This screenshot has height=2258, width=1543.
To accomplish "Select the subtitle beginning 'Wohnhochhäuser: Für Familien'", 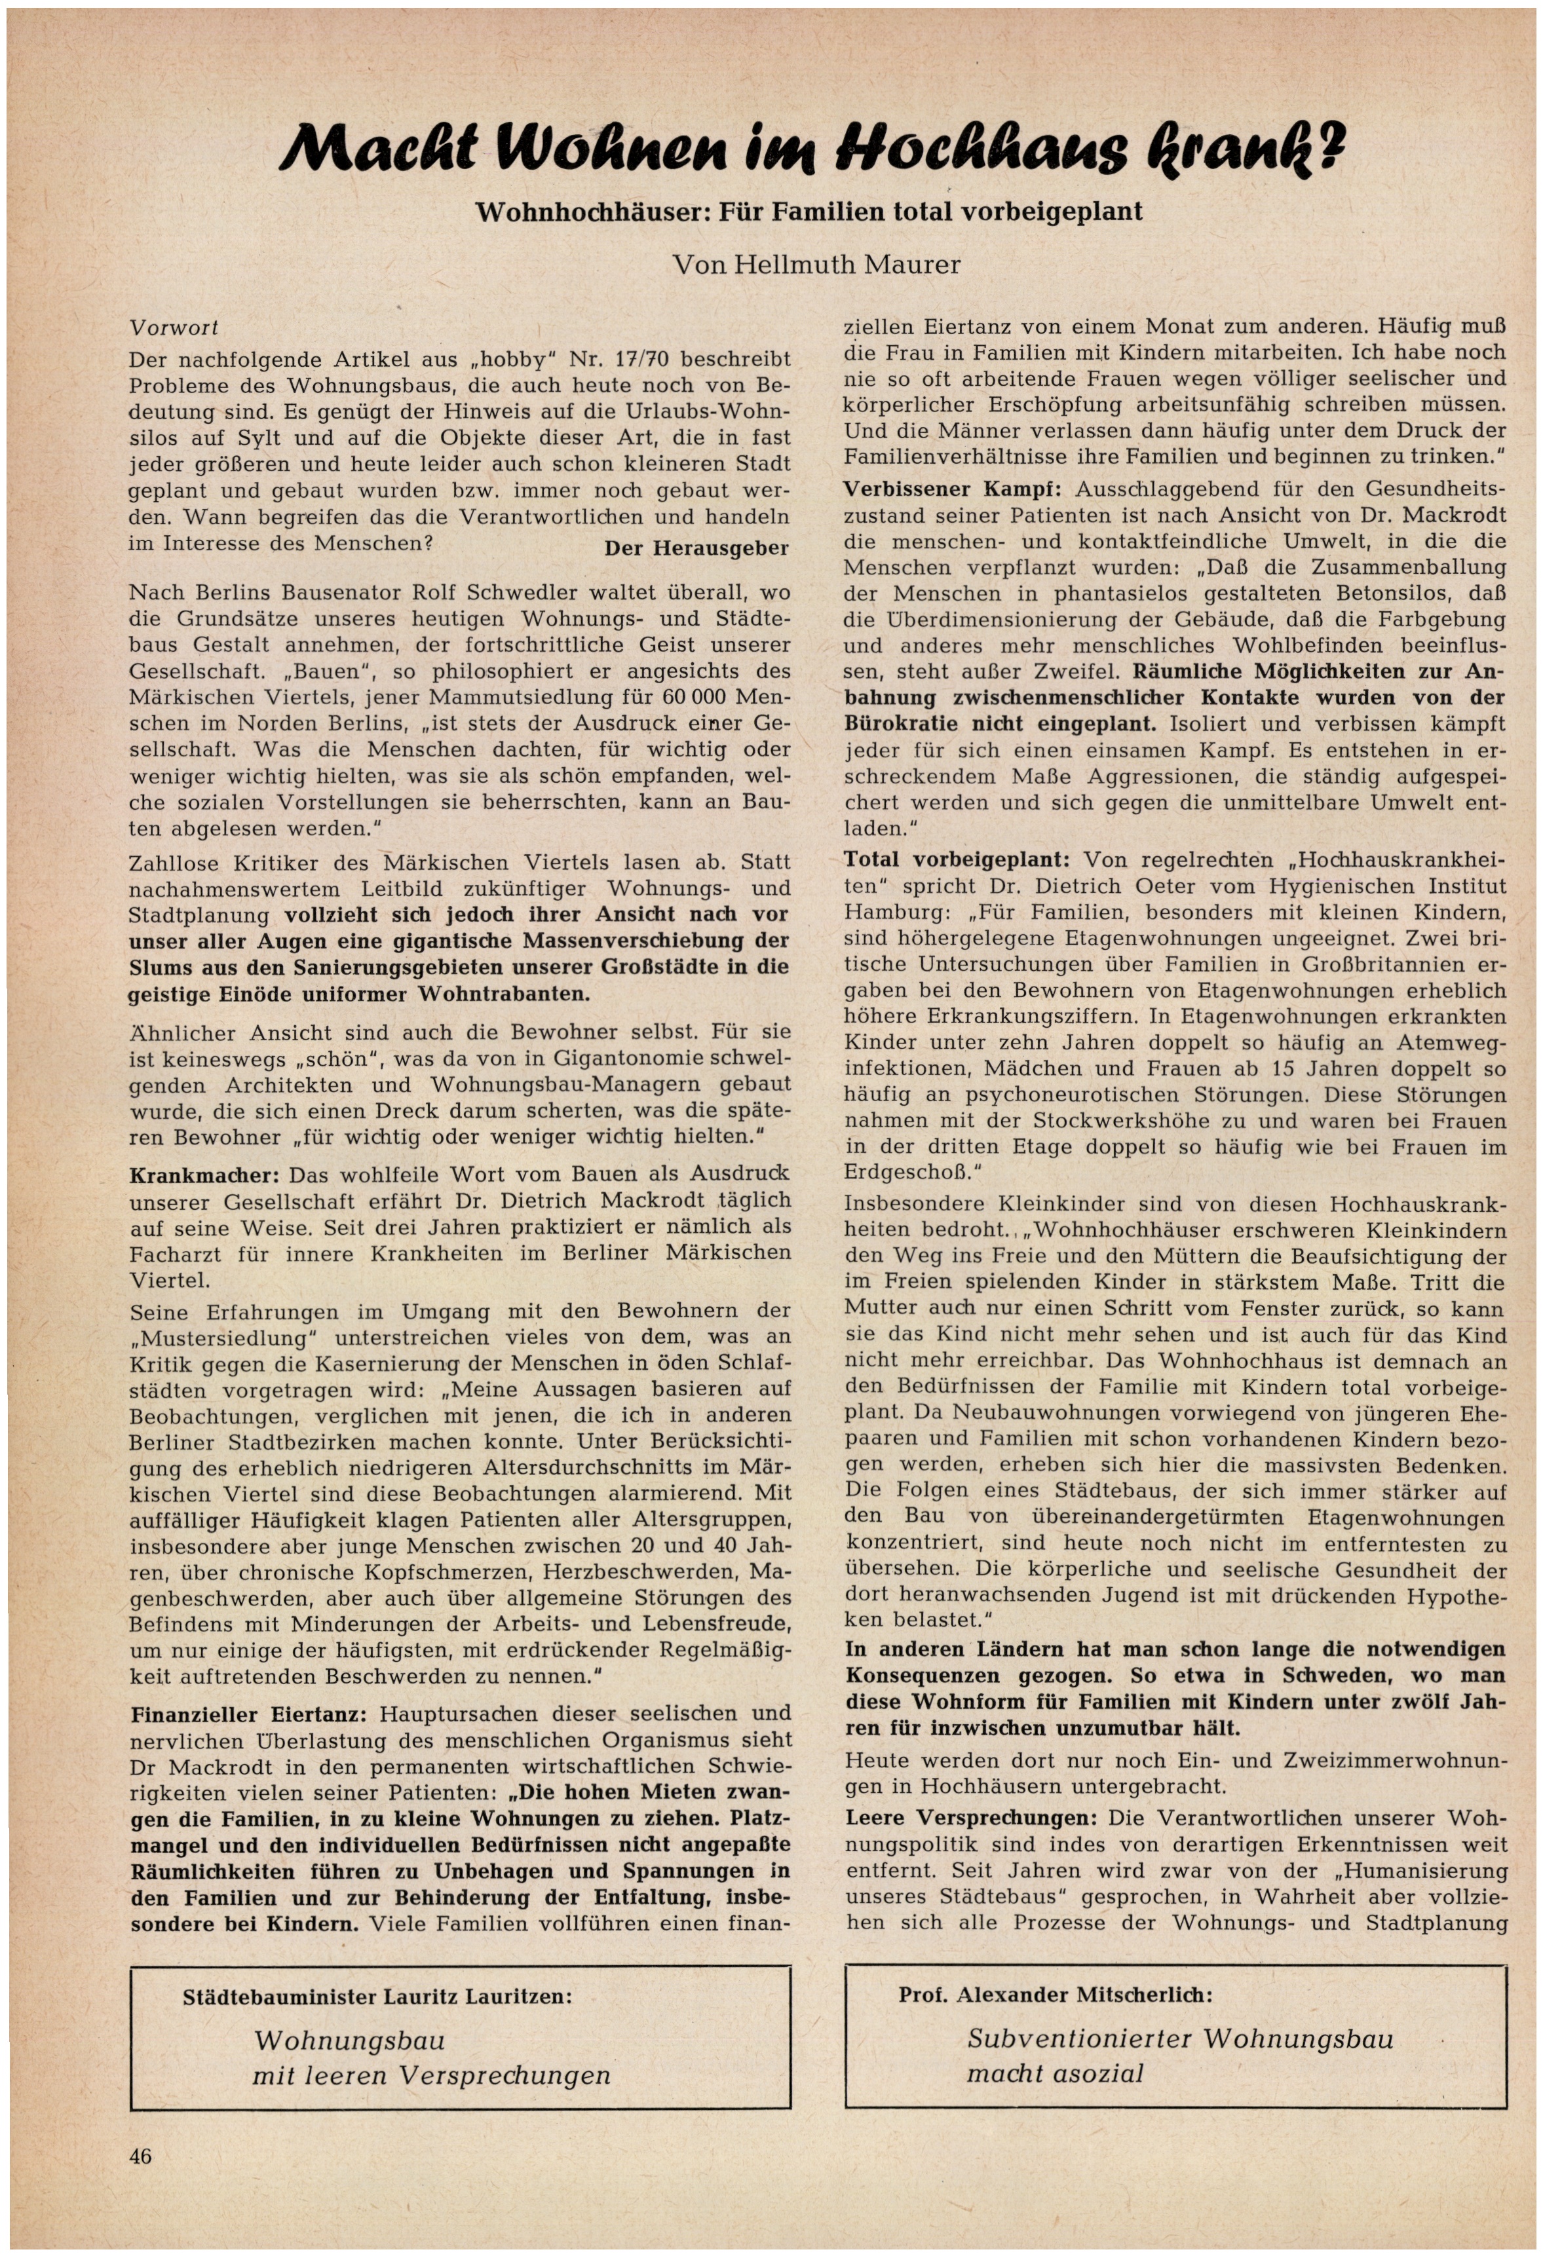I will click(809, 211).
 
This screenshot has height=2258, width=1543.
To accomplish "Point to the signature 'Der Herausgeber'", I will click(696, 548).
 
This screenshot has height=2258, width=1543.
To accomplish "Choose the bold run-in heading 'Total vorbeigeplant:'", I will click(956, 860).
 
